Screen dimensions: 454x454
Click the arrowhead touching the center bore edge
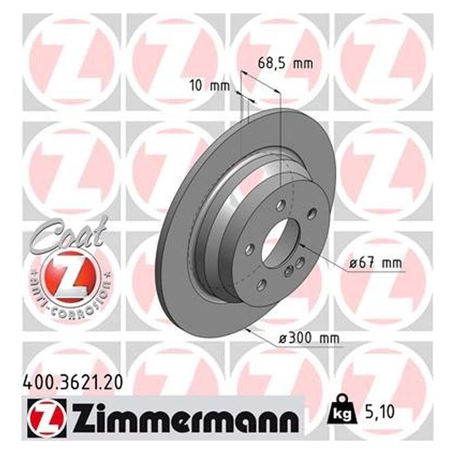302,245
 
